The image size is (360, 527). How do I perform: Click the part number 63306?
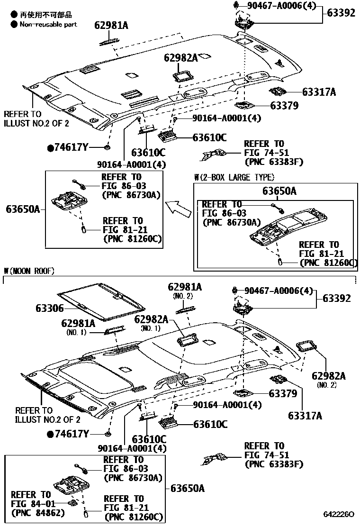point(49,308)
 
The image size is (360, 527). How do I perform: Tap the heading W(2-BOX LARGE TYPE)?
point(234,178)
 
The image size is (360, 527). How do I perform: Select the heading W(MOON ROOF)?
point(29,271)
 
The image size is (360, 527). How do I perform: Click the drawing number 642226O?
point(339,514)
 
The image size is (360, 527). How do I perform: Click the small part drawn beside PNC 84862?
point(72,503)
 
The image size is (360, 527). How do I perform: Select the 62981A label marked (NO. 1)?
point(78,323)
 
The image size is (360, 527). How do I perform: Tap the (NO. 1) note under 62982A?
point(151,328)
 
